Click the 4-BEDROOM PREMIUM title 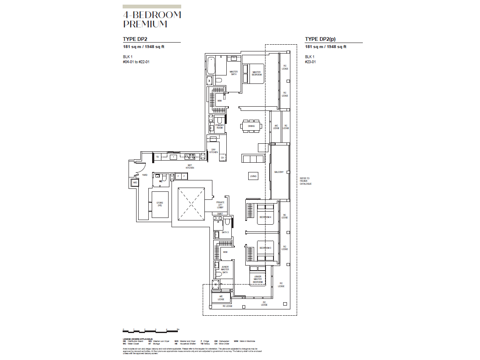coord(152,20)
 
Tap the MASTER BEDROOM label coord(257,73)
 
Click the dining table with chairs coord(251,126)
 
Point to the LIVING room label coord(253,177)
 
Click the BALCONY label coord(279,172)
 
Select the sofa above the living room coord(252,159)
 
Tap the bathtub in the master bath coord(211,65)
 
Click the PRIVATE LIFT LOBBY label coord(220,205)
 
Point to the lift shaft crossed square coord(190,204)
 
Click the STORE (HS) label coord(160,204)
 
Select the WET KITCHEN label coord(190,167)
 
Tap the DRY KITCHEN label coord(214,151)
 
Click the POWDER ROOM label coord(220,126)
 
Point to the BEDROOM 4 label coord(265,217)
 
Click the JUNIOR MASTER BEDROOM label coord(258,279)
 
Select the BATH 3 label coord(225,232)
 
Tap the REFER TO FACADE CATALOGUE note coord(306,181)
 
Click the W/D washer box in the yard coord(135,183)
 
